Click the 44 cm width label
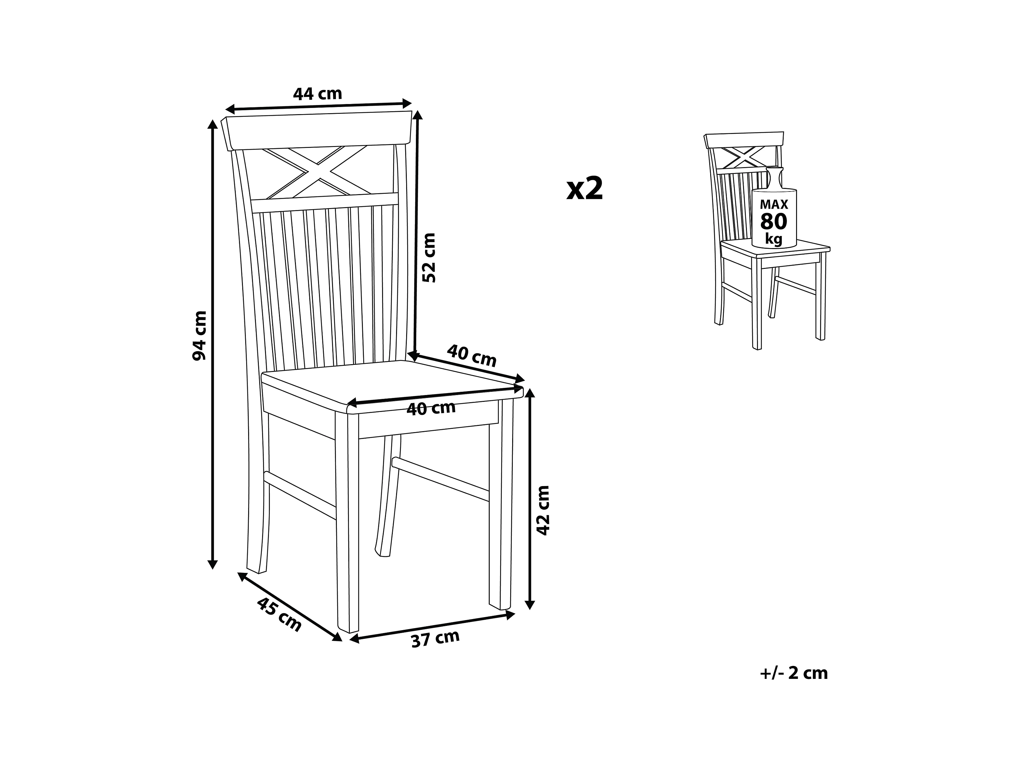[x=317, y=94]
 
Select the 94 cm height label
[x=199, y=335]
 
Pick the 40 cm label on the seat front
[x=431, y=409]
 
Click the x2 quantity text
[x=585, y=189]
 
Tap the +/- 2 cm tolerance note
[x=794, y=673]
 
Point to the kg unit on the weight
[x=774, y=239]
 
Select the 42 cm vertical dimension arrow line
[x=530, y=499]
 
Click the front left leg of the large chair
[x=347, y=522]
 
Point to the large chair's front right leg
[x=501, y=509]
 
